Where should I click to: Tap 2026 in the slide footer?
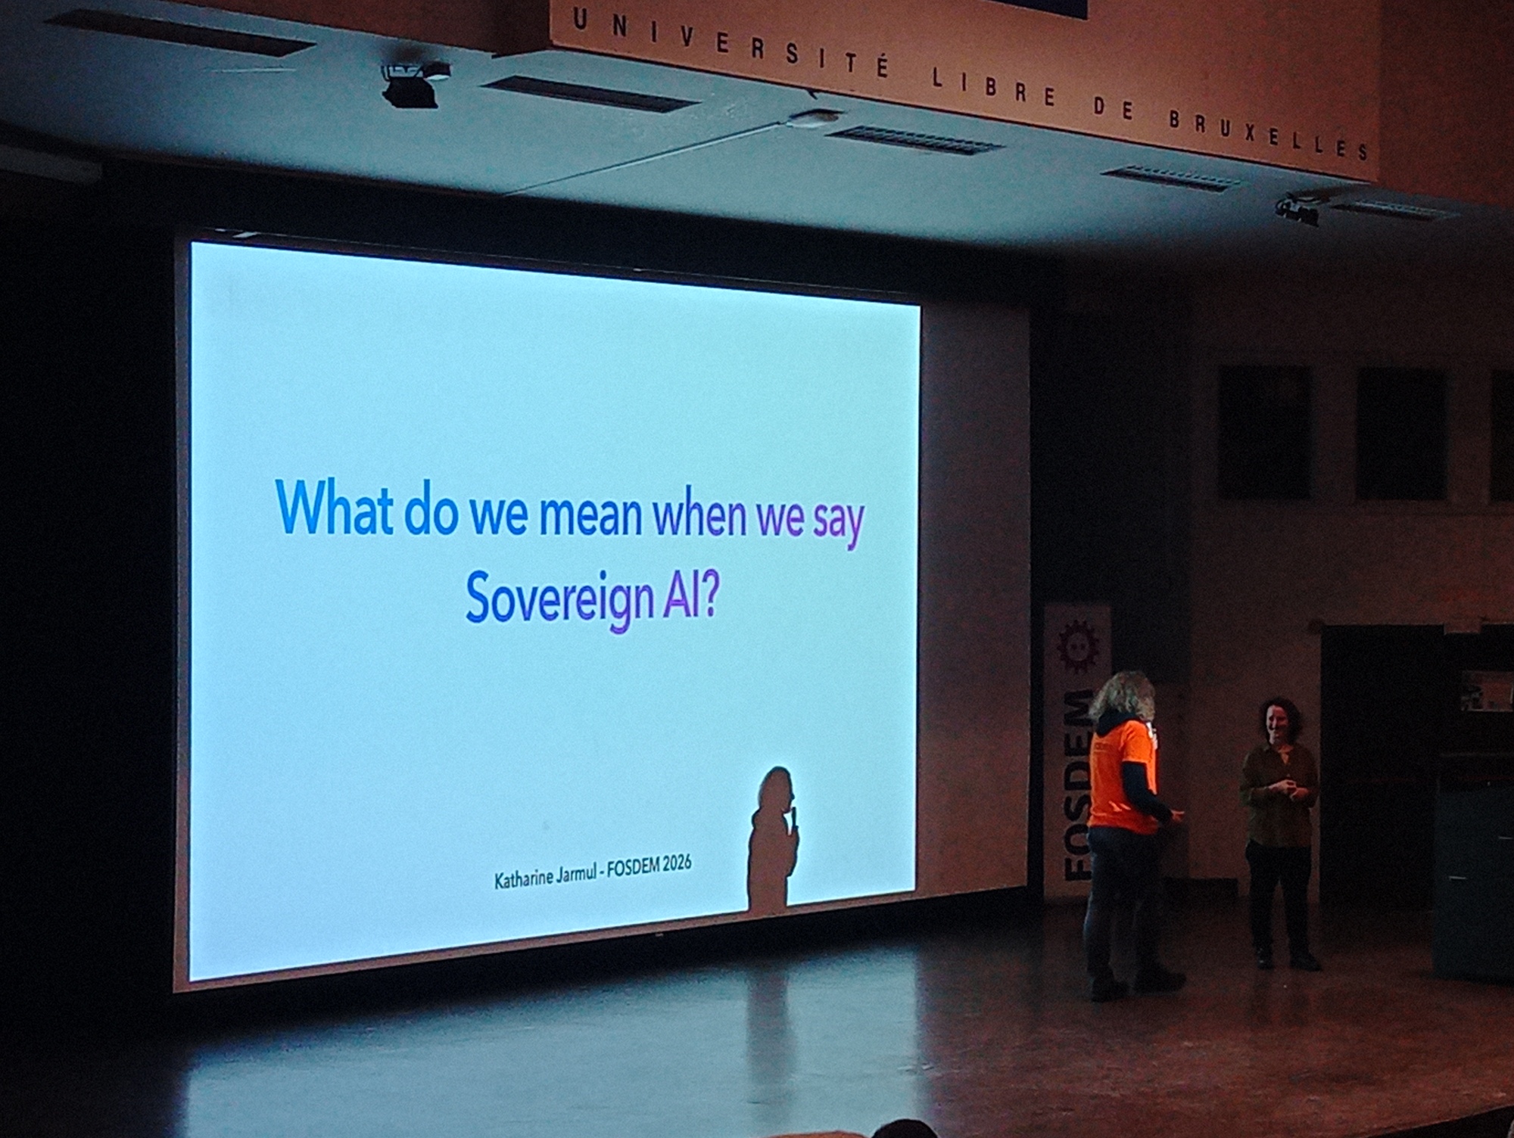tap(676, 864)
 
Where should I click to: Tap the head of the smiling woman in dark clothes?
tap(1279, 723)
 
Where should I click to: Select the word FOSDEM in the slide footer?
tap(634, 868)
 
